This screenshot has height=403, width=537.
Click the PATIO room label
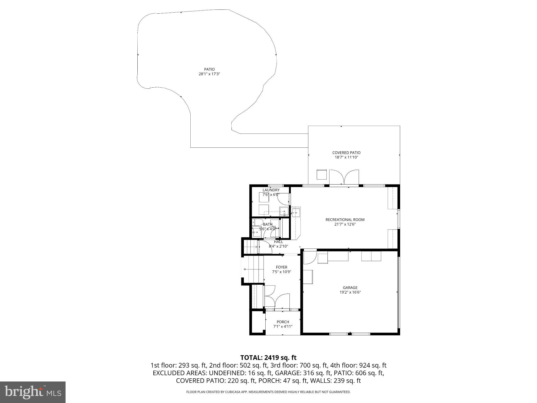pos(209,70)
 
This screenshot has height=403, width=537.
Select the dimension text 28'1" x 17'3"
pos(209,74)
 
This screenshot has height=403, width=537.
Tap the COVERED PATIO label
pos(346,153)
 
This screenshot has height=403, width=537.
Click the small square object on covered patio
pos(322,174)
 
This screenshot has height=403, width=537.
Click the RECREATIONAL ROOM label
pos(345,220)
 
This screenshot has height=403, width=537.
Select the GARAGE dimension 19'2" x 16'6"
pos(350,292)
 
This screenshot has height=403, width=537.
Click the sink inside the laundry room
pos(284,211)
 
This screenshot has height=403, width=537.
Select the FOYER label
pos(281,267)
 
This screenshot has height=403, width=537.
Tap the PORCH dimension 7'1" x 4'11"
pos(283,327)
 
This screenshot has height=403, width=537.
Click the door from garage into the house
pos(310,257)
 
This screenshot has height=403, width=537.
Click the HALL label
pos(278,242)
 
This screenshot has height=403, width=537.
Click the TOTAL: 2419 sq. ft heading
pos(268,358)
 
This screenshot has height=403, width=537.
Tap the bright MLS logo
pos(33,392)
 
